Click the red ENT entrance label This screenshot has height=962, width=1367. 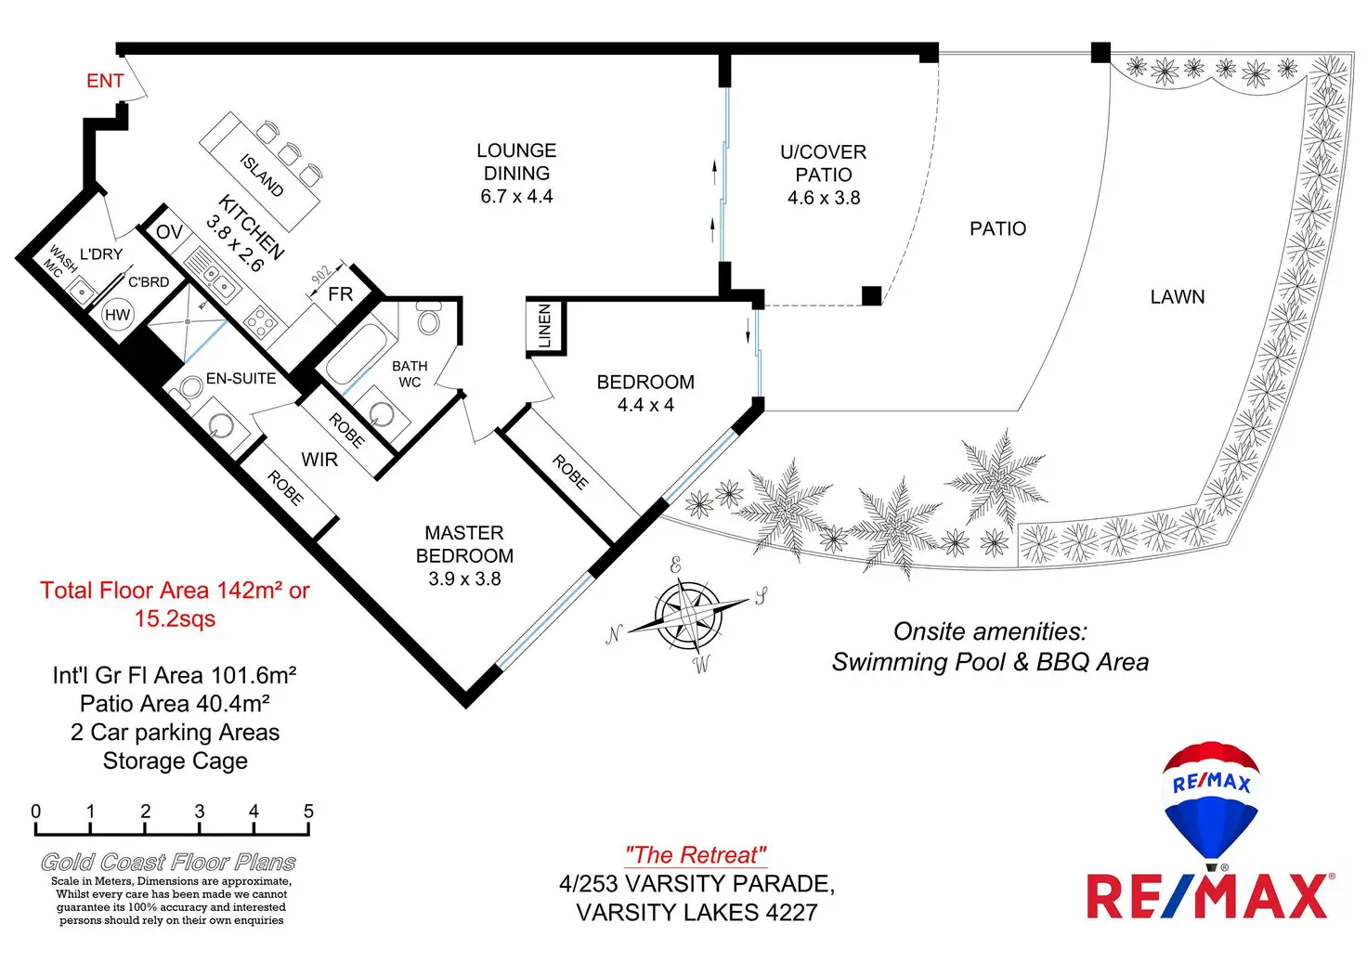[x=105, y=81]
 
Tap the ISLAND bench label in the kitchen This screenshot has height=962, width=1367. [x=262, y=175]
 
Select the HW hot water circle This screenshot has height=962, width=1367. [x=118, y=315]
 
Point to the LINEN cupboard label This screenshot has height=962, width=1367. [x=545, y=326]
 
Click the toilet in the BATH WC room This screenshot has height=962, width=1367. [x=429, y=318]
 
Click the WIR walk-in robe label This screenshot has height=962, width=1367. [x=319, y=460]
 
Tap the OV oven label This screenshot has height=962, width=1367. [x=169, y=232]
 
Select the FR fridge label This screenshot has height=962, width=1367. [x=341, y=294]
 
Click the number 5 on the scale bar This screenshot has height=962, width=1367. [x=308, y=812]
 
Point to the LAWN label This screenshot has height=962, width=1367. [x=1178, y=297]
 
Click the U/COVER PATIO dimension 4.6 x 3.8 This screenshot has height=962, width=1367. [x=824, y=198]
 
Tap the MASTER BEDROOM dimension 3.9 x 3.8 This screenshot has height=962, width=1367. [x=464, y=578]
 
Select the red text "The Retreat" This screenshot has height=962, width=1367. [x=696, y=855]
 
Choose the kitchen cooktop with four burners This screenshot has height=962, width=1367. [x=261, y=322]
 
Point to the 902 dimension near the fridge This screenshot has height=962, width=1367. [x=321, y=276]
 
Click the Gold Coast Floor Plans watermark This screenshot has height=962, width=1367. [x=168, y=863]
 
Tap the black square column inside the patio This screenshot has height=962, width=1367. [x=871, y=296]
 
